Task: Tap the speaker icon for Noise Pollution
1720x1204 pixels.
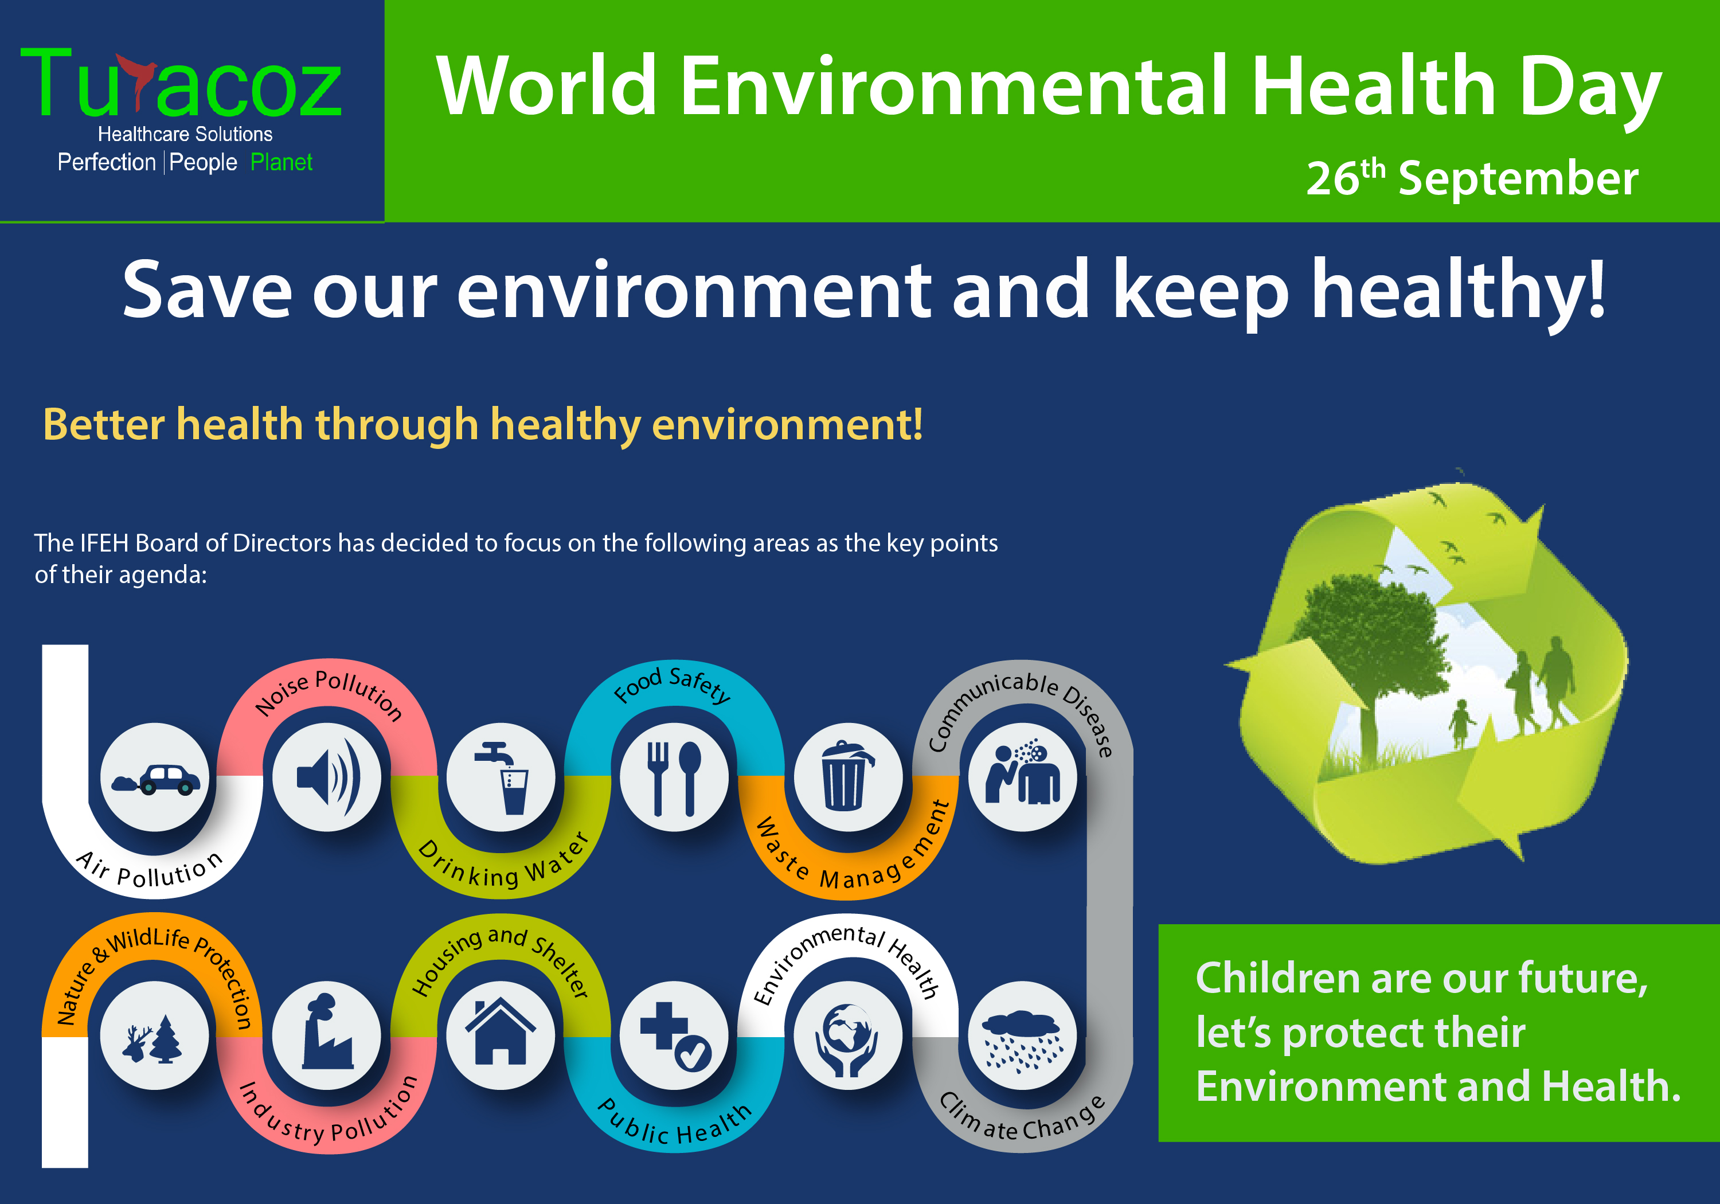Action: tap(327, 777)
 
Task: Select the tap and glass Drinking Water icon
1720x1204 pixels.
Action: tap(501, 777)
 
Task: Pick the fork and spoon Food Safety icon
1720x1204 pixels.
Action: tap(674, 777)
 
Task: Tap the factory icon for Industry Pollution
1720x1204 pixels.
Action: tap(327, 1034)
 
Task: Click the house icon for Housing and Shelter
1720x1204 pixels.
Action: tap(501, 1034)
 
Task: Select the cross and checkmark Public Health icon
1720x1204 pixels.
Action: tap(674, 1035)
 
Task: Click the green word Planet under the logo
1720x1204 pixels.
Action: tap(281, 163)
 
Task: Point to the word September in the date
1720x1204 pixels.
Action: tap(1518, 180)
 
